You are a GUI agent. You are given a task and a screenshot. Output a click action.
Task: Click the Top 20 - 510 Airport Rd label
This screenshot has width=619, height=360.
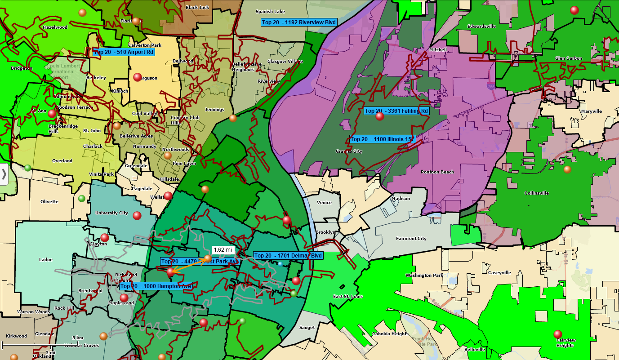click(x=124, y=52)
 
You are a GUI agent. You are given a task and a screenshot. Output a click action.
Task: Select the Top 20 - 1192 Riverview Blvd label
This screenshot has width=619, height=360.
click(x=298, y=22)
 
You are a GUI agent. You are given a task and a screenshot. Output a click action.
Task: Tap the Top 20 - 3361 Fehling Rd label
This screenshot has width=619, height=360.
click(x=396, y=111)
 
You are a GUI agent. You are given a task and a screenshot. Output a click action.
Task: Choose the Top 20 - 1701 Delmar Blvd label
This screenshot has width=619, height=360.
click(x=288, y=255)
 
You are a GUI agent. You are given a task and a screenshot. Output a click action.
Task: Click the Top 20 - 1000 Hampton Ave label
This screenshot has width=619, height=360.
click(x=156, y=286)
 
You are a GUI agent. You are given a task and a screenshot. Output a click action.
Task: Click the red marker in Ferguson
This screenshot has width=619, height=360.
click(x=138, y=77)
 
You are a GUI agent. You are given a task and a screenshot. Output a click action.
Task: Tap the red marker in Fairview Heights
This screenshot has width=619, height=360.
click(x=558, y=334)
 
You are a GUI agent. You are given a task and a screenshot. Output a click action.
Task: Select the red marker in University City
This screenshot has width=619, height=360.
click(x=137, y=216)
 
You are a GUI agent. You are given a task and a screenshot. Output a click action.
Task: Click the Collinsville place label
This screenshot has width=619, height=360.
click(x=536, y=193)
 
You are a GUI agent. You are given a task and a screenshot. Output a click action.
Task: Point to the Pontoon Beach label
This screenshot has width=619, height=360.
click(x=437, y=172)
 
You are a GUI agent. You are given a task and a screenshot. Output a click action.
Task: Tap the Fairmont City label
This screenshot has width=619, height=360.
click(x=411, y=239)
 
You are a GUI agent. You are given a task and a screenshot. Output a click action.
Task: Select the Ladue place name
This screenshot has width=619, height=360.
click(x=46, y=260)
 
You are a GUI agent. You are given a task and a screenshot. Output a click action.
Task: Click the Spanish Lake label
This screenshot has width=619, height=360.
click(x=270, y=12)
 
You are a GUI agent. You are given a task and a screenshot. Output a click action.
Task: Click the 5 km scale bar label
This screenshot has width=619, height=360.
click(x=78, y=338)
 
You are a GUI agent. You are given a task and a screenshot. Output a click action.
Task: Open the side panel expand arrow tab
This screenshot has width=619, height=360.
click(x=4, y=174)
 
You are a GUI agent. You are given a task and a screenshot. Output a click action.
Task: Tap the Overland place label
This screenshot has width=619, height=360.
click(x=62, y=161)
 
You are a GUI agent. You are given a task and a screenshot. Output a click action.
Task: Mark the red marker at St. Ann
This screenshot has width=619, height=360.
click(x=52, y=113)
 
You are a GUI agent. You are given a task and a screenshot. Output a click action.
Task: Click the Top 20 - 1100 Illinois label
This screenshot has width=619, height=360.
click(x=382, y=139)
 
